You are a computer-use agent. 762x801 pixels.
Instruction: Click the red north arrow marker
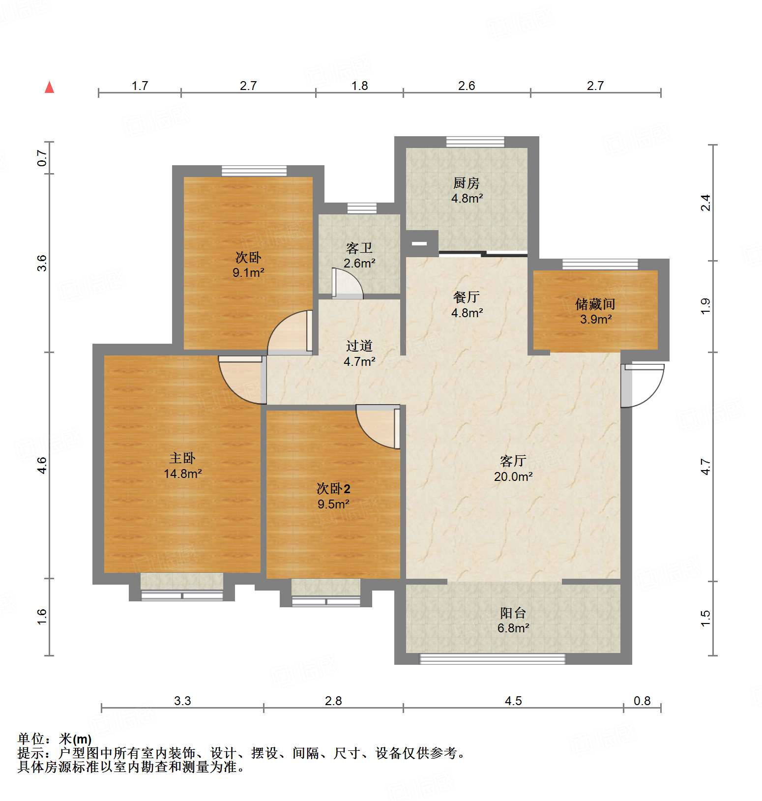pyautogui.click(x=49, y=88)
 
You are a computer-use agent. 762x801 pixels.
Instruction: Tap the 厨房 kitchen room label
pyautogui.click(x=466, y=183)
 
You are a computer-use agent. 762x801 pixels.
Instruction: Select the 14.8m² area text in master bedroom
pyautogui.click(x=183, y=474)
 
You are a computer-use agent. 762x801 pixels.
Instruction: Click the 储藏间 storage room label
pyautogui.click(x=595, y=304)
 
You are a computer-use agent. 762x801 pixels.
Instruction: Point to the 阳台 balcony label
pyautogui.click(x=513, y=613)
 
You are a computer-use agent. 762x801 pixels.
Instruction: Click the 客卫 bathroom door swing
pyautogui.click(x=347, y=284)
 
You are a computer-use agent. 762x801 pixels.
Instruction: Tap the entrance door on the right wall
pyautogui.click(x=642, y=385)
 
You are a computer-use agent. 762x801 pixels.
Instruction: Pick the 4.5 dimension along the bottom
pyautogui.click(x=513, y=701)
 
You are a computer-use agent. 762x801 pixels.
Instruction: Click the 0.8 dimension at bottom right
pyautogui.click(x=642, y=701)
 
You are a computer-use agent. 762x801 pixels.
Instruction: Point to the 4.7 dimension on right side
pyautogui.click(x=705, y=466)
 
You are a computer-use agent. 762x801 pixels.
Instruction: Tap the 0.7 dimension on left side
pyautogui.click(x=42, y=157)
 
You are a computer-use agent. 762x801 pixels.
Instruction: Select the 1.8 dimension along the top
pyautogui.click(x=359, y=86)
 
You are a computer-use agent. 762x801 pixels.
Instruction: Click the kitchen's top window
pyautogui.click(x=475, y=142)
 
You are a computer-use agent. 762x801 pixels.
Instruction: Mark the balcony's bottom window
pyautogui.click(x=492, y=659)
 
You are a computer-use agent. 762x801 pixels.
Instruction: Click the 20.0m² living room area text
pyautogui.click(x=513, y=476)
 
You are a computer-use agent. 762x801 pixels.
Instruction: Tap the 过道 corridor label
pyautogui.click(x=359, y=346)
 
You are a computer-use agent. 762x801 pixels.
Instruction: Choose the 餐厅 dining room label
pyautogui.click(x=466, y=297)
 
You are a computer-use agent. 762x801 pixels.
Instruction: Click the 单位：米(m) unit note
pyautogui.click(x=55, y=739)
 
